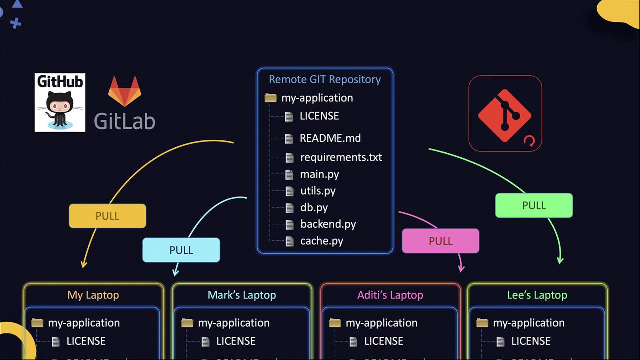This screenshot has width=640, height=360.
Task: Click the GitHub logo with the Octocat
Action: point(60,103)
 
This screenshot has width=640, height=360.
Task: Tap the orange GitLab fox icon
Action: point(125,91)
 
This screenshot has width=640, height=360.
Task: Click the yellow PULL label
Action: point(107,216)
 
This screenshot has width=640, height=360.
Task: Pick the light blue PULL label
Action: point(181,250)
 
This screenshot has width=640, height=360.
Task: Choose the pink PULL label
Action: point(440,241)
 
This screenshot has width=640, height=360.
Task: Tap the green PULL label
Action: point(534,205)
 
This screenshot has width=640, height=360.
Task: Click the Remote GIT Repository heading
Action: point(325,79)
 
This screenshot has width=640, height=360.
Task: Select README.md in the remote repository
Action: point(330,138)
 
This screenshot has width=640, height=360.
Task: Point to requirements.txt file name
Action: point(341,157)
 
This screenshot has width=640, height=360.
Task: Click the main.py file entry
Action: point(319,174)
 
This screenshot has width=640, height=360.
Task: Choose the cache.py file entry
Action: point(321,241)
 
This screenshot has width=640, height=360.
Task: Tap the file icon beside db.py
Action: point(289,208)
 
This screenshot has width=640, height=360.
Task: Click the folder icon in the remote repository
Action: point(270,98)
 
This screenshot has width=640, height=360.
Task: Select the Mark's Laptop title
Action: point(242,295)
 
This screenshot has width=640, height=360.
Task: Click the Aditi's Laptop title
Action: point(390,295)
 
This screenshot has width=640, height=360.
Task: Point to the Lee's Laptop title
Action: point(537,295)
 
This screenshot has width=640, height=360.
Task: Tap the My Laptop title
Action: point(93,295)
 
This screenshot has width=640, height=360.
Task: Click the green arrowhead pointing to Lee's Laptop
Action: point(560,260)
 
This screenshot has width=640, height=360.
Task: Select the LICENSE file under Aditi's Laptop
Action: point(383,341)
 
